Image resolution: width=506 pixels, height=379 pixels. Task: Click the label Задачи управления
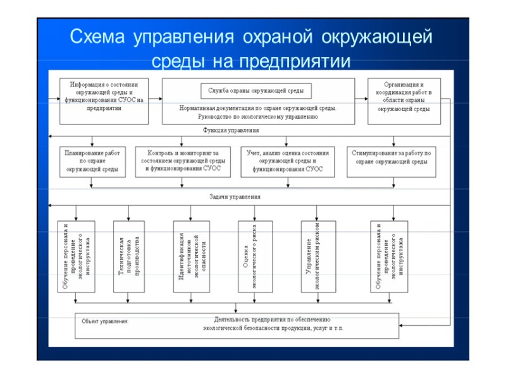click(235, 197)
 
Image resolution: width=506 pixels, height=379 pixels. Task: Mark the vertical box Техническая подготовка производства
click(128, 256)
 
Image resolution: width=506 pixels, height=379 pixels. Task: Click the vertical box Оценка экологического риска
click(255, 256)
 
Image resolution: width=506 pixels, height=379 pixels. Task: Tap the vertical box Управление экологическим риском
click(317, 256)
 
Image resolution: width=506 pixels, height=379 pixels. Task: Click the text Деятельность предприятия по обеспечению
click(272, 320)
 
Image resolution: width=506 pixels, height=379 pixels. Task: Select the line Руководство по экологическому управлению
click(256, 117)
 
